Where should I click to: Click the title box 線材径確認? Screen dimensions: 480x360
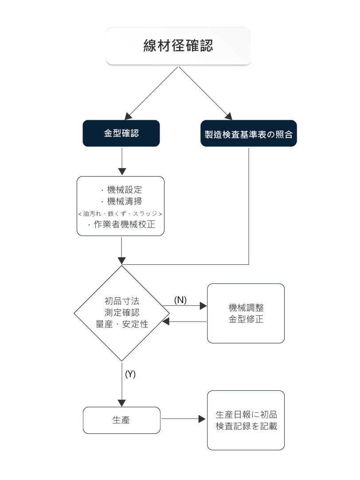coord(179,46)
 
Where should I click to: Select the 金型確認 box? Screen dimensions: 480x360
coord(121,133)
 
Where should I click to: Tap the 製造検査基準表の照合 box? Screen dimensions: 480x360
coord(248,134)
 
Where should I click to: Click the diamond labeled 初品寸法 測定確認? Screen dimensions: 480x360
coord(121,306)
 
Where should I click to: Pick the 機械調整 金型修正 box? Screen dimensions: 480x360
coord(246,313)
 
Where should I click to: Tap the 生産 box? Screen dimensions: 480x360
coord(121,420)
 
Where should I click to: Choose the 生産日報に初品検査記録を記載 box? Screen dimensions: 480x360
coord(246,420)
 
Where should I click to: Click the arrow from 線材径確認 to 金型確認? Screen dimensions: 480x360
coord(151,94)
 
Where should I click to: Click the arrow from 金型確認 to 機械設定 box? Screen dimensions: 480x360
coord(122,161)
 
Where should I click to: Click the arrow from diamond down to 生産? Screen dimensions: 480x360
coord(122,384)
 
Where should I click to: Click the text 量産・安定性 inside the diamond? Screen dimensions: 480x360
coord(121,324)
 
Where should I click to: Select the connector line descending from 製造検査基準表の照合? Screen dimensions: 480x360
coord(248,204)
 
